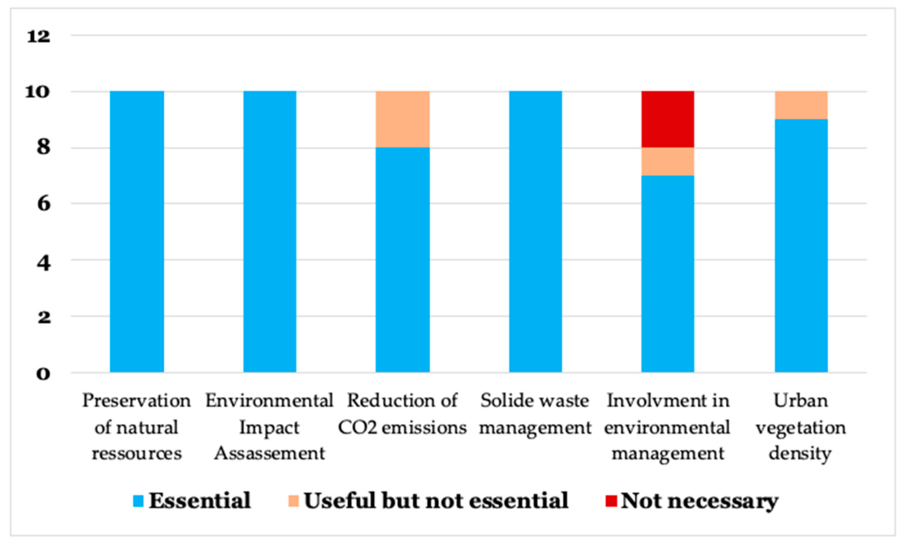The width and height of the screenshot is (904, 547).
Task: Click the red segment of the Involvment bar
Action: tap(667, 119)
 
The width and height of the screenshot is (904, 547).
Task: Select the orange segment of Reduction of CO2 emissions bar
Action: tap(402, 119)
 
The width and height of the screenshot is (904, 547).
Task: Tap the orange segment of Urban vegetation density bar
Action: tap(801, 105)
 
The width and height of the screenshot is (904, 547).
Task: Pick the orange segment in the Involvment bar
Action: tap(667, 162)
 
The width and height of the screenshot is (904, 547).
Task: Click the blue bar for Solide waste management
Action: tap(535, 232)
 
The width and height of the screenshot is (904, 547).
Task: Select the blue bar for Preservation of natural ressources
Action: tap(137, 232)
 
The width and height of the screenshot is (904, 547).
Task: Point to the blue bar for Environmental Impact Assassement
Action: tap(270, 232)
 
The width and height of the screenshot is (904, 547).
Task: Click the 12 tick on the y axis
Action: tap(38, 37)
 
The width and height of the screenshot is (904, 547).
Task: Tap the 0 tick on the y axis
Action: tap(43, 374)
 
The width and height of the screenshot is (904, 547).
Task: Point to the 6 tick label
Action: tap(43, 204)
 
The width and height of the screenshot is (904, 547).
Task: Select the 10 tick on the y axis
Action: tap(38, 92)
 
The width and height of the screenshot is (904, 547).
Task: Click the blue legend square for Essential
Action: tap(138, 501)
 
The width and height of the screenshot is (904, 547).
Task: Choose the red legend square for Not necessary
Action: tap(611, 501)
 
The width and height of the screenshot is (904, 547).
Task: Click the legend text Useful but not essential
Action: tap(436, 501)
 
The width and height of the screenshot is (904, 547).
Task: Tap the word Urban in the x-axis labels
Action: tap(801, 401)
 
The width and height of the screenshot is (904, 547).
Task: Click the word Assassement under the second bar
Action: tap(269, 454)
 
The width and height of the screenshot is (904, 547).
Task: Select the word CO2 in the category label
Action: tap(357, 428)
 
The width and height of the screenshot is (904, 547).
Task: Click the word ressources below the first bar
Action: tap(137, 454)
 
